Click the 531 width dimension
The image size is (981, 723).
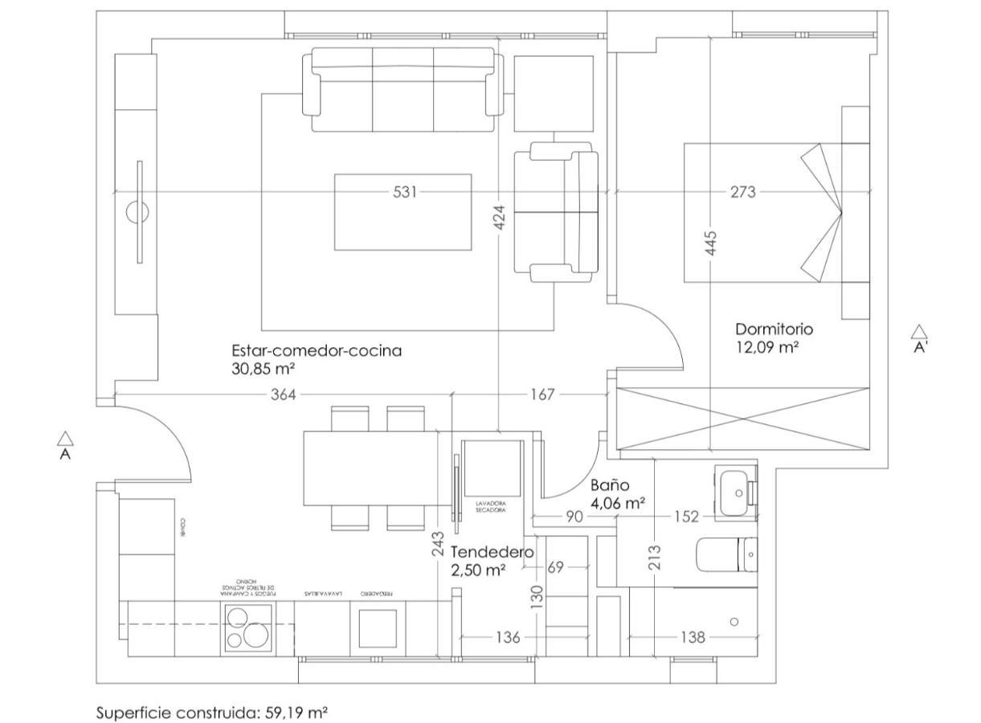pos(405,193)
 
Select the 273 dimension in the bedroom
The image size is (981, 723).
pos(742,193)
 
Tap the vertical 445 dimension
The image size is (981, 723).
pos(711,244)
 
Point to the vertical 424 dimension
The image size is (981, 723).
pos(499,219)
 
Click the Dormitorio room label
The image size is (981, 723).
pos(774,329)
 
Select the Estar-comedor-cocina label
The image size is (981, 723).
pos(317,351)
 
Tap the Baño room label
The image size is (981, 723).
pos(610,486)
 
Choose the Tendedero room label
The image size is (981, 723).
pos(493,553)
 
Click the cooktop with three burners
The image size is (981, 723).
pos(247,627)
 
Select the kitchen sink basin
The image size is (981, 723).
pos(377,628)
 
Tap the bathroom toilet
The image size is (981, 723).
pos(726,554)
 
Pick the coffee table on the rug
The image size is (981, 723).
pos(403,212)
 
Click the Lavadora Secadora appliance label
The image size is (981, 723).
pos(490,507)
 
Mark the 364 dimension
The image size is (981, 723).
pos(283,395)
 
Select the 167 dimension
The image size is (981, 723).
pos(543,395)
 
